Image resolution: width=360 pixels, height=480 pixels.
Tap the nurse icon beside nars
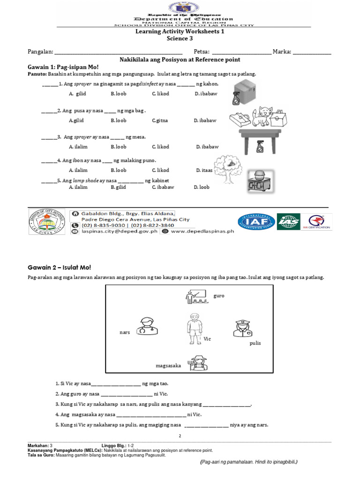(147, 327)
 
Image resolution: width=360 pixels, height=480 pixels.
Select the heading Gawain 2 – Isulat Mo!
(59, 267)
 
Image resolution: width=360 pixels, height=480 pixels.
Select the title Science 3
(180, 39)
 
